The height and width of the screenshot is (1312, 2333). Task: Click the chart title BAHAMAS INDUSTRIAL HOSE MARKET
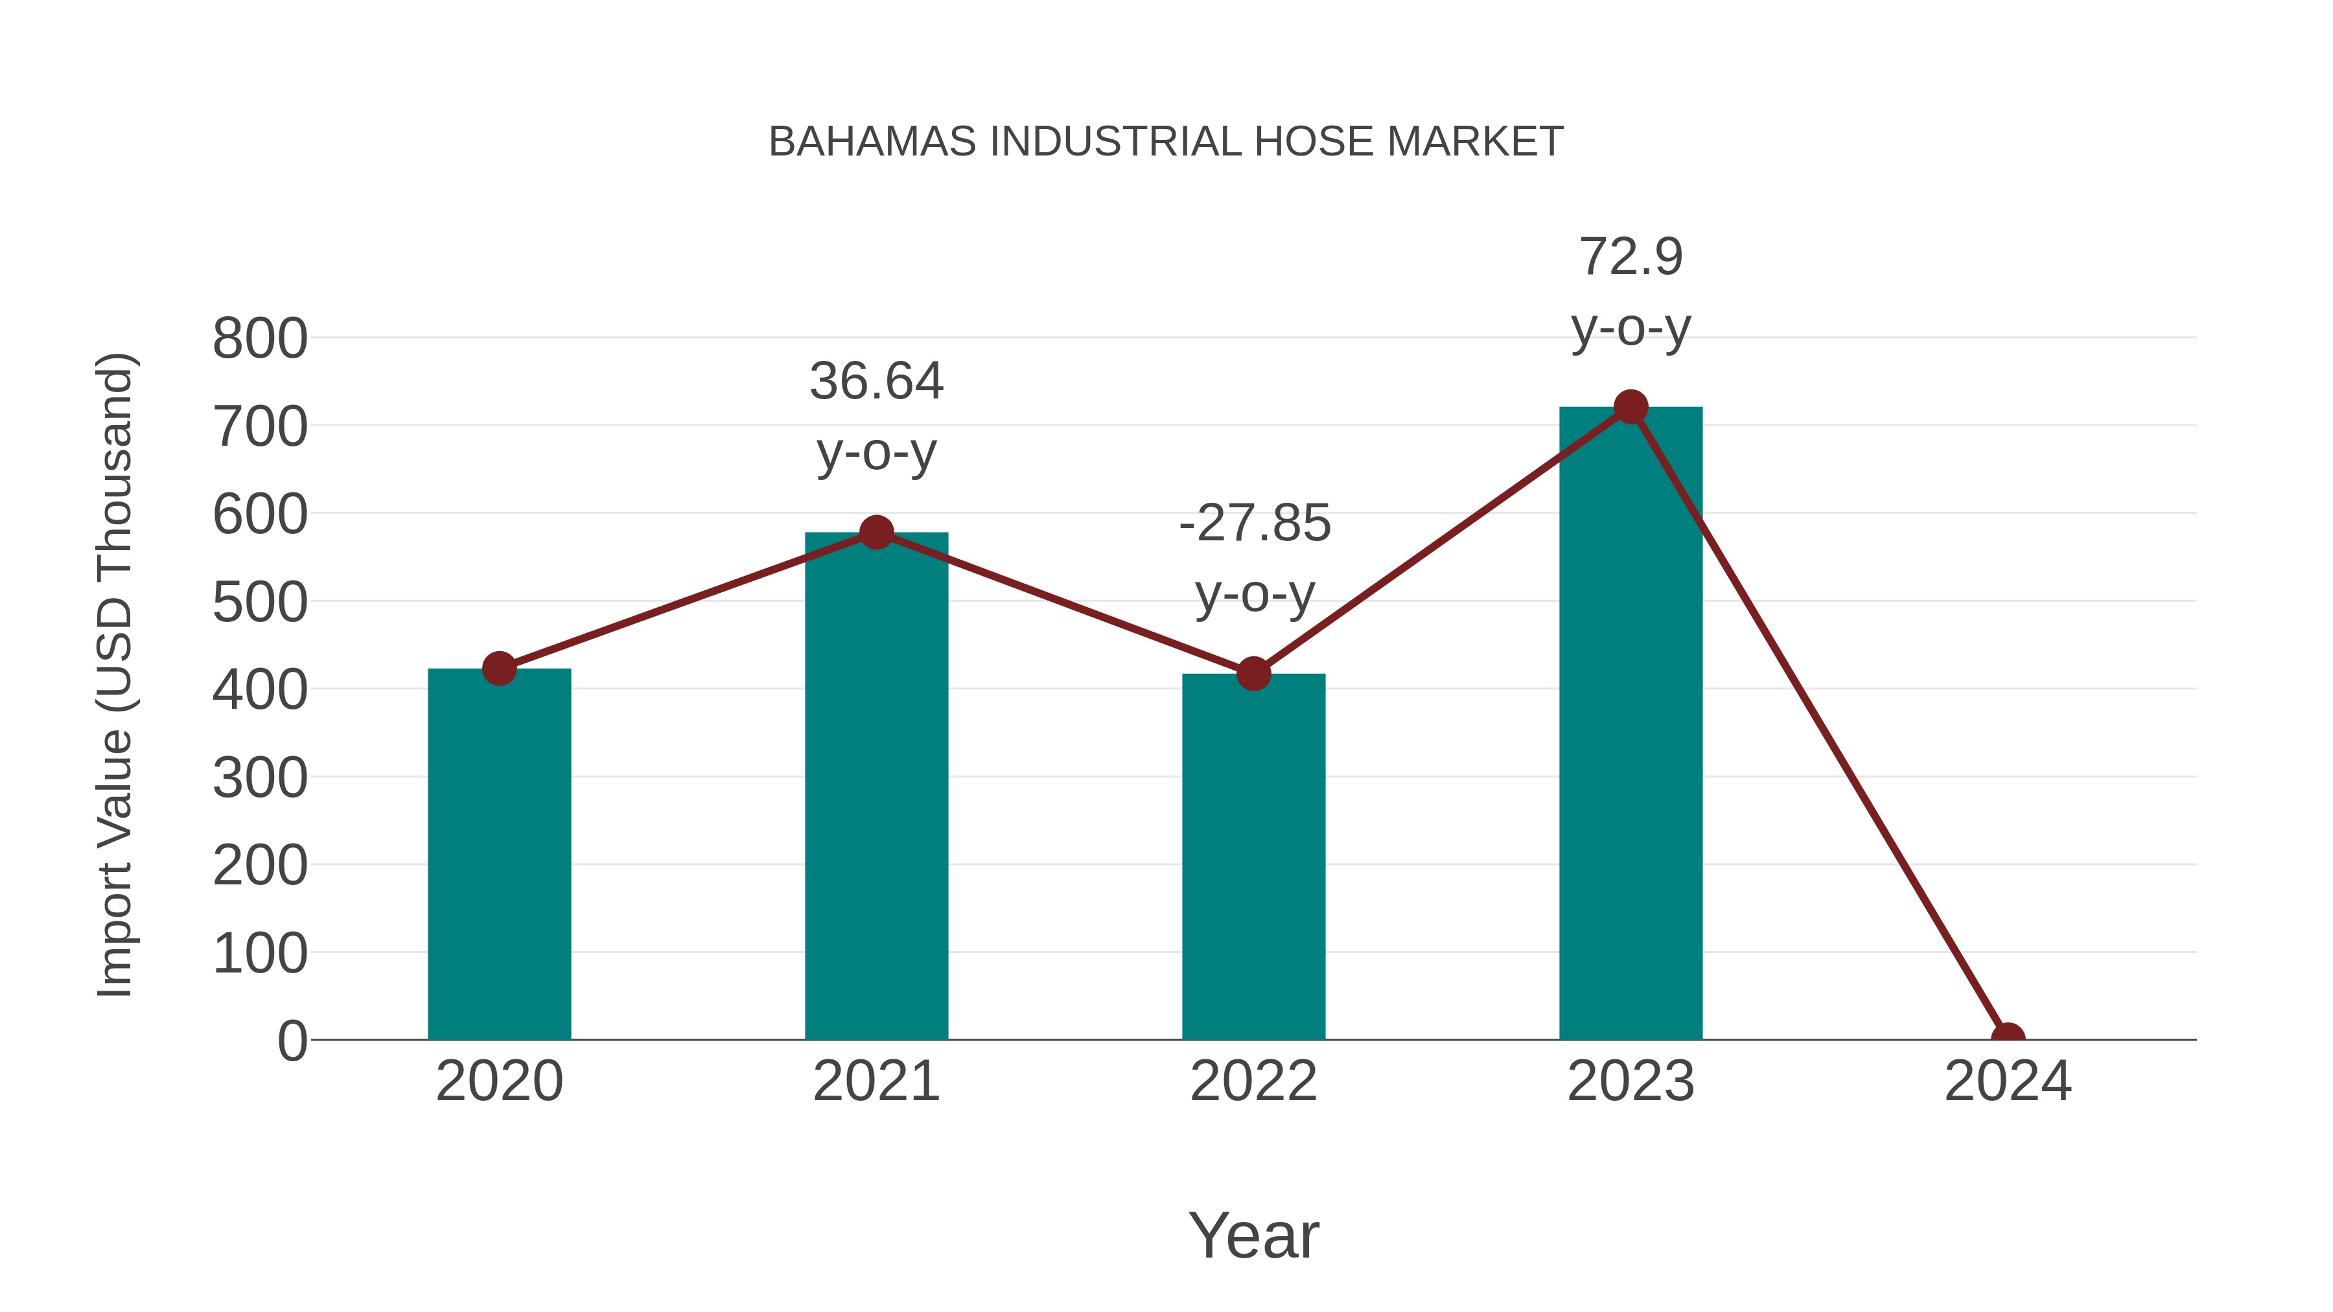tap(1166, 142)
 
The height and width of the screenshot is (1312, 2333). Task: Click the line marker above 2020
tap(499, 669)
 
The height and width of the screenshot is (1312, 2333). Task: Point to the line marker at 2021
tap(876, 533)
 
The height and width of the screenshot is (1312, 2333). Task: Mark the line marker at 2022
tap(1253, 674)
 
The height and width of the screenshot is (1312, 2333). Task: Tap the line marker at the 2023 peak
tap(1631, 408)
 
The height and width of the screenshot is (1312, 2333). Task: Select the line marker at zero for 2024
tap(2008, 1038)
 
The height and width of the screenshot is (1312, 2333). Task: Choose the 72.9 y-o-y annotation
tap(1631, 292)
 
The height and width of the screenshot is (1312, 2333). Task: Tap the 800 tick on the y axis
tap(260, 340)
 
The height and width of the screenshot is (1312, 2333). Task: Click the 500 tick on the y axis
tap(260, 603)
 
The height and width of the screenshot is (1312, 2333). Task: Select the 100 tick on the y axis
tap(260, 954)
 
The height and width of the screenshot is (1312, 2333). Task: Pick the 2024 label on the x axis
tap(2008, 1081)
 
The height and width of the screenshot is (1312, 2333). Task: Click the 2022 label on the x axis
tap(1253, 1081)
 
